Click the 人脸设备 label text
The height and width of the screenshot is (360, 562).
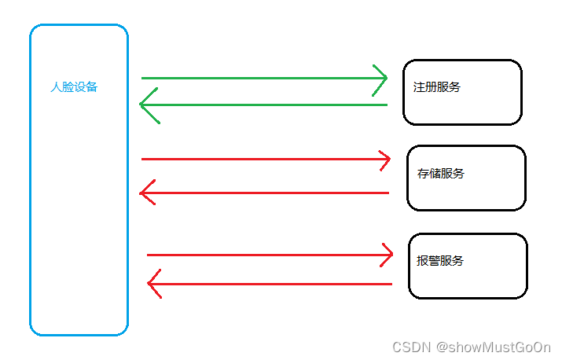coord(74,87)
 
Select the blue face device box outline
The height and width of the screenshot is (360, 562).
coord(31,181)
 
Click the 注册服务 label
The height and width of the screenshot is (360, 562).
coord(437,86)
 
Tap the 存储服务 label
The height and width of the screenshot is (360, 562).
coord(441,173)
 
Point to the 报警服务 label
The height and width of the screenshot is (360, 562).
coord(440,260)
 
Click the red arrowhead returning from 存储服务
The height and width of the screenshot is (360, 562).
coord(143,193)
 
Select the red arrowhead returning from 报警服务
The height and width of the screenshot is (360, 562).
coord(151,284)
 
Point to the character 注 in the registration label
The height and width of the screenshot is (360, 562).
coord(419,86)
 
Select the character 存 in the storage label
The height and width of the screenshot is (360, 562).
coord(423,173)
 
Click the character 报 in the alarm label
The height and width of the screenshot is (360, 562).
coord(422,260)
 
